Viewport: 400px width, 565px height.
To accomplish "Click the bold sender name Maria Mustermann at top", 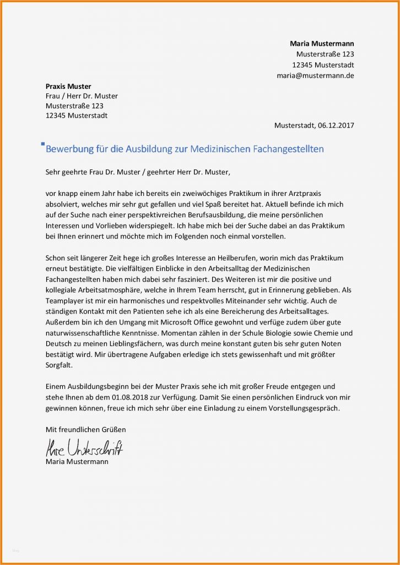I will (322, 44).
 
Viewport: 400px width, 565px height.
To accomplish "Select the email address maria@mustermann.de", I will (315, 75).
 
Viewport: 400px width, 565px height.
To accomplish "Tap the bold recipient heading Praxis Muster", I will (68, 86).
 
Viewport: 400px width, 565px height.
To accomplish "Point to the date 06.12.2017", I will (336, 125).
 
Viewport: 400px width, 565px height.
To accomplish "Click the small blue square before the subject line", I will (43, 144).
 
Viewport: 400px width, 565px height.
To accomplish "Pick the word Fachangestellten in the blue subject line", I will (288, 149).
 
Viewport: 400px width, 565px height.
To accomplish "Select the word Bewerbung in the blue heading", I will (72, 150).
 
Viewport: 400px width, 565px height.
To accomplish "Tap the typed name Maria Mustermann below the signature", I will (77, 461).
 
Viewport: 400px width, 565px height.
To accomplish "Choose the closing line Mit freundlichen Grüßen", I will (85, 429).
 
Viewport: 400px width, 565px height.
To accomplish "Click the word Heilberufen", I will (220, 258).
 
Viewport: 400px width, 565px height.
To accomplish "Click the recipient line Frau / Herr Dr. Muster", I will (81, 96).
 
